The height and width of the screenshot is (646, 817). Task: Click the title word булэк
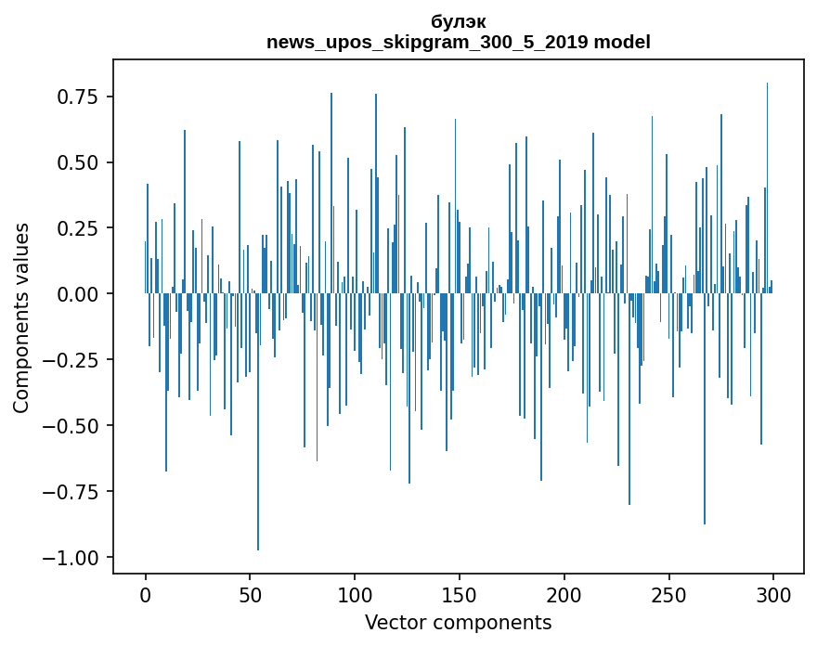(459, 21)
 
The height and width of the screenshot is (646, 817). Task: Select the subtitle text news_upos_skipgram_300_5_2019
(428, 42)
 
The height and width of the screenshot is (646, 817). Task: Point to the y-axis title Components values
(20, 317)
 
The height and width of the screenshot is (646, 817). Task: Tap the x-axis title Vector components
(459, 623)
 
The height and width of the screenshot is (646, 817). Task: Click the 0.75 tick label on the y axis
(77, 97)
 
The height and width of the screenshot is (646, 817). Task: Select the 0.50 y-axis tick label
(77, 162)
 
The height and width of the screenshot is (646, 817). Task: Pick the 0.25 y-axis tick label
(77, 228)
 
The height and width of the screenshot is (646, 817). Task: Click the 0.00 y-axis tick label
(77, 294)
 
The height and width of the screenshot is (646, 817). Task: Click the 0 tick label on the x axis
(146, 596)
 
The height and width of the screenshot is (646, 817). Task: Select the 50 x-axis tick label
(250, 596)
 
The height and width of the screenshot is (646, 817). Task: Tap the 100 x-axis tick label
(355, 596)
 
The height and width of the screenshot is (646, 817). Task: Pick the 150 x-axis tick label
(460, 596)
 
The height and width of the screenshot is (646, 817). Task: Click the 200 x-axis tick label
(564, 596)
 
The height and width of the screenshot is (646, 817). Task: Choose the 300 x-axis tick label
(772, 596)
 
